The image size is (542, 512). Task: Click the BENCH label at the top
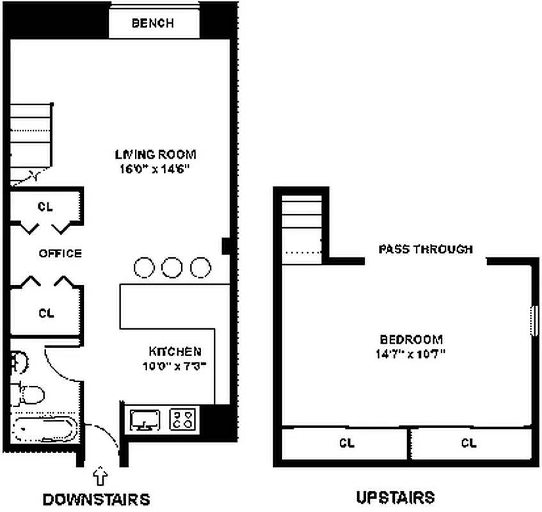coord(152,24)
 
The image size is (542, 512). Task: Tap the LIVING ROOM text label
coord(155,154)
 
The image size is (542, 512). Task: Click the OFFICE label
coord(60,253)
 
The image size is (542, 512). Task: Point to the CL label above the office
coord(45,207)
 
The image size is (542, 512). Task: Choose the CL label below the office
coord(45,313)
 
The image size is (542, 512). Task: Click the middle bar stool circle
coord(172,267)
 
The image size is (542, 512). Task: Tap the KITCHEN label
coord(175,351)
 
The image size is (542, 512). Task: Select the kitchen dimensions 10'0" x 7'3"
coord(175,367)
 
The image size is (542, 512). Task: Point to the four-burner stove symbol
coord(183,420)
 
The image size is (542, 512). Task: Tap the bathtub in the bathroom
coord(44,428)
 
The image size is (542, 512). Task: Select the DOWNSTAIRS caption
coord(96,499)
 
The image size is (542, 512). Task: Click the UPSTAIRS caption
coord(395,497)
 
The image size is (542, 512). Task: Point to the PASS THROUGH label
coord(426,249)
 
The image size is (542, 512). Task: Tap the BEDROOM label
coord(411,339)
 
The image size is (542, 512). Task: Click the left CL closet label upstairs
coord(346,442)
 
